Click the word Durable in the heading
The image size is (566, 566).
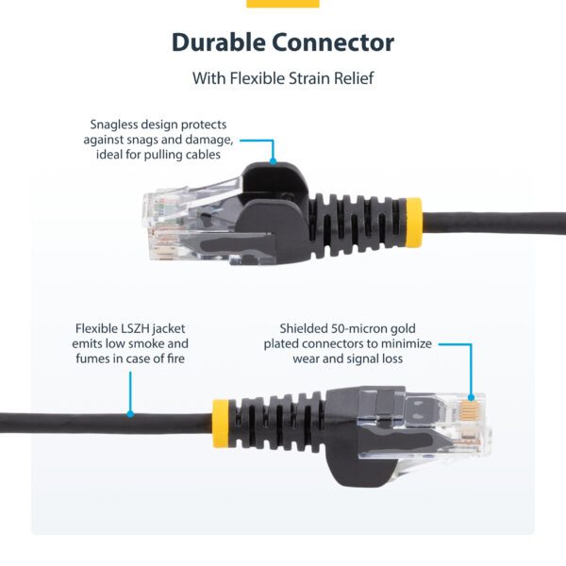tap(217, 42)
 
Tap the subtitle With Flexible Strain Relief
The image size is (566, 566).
tap(283, 78)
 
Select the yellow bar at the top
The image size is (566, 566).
tap(283, 3)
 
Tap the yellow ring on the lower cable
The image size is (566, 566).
tap(221, 416)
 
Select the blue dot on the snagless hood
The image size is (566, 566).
tap(274, 161)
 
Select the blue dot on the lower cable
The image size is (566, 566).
tap(130, 413)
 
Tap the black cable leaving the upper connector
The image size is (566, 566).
tap(491, 223)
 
